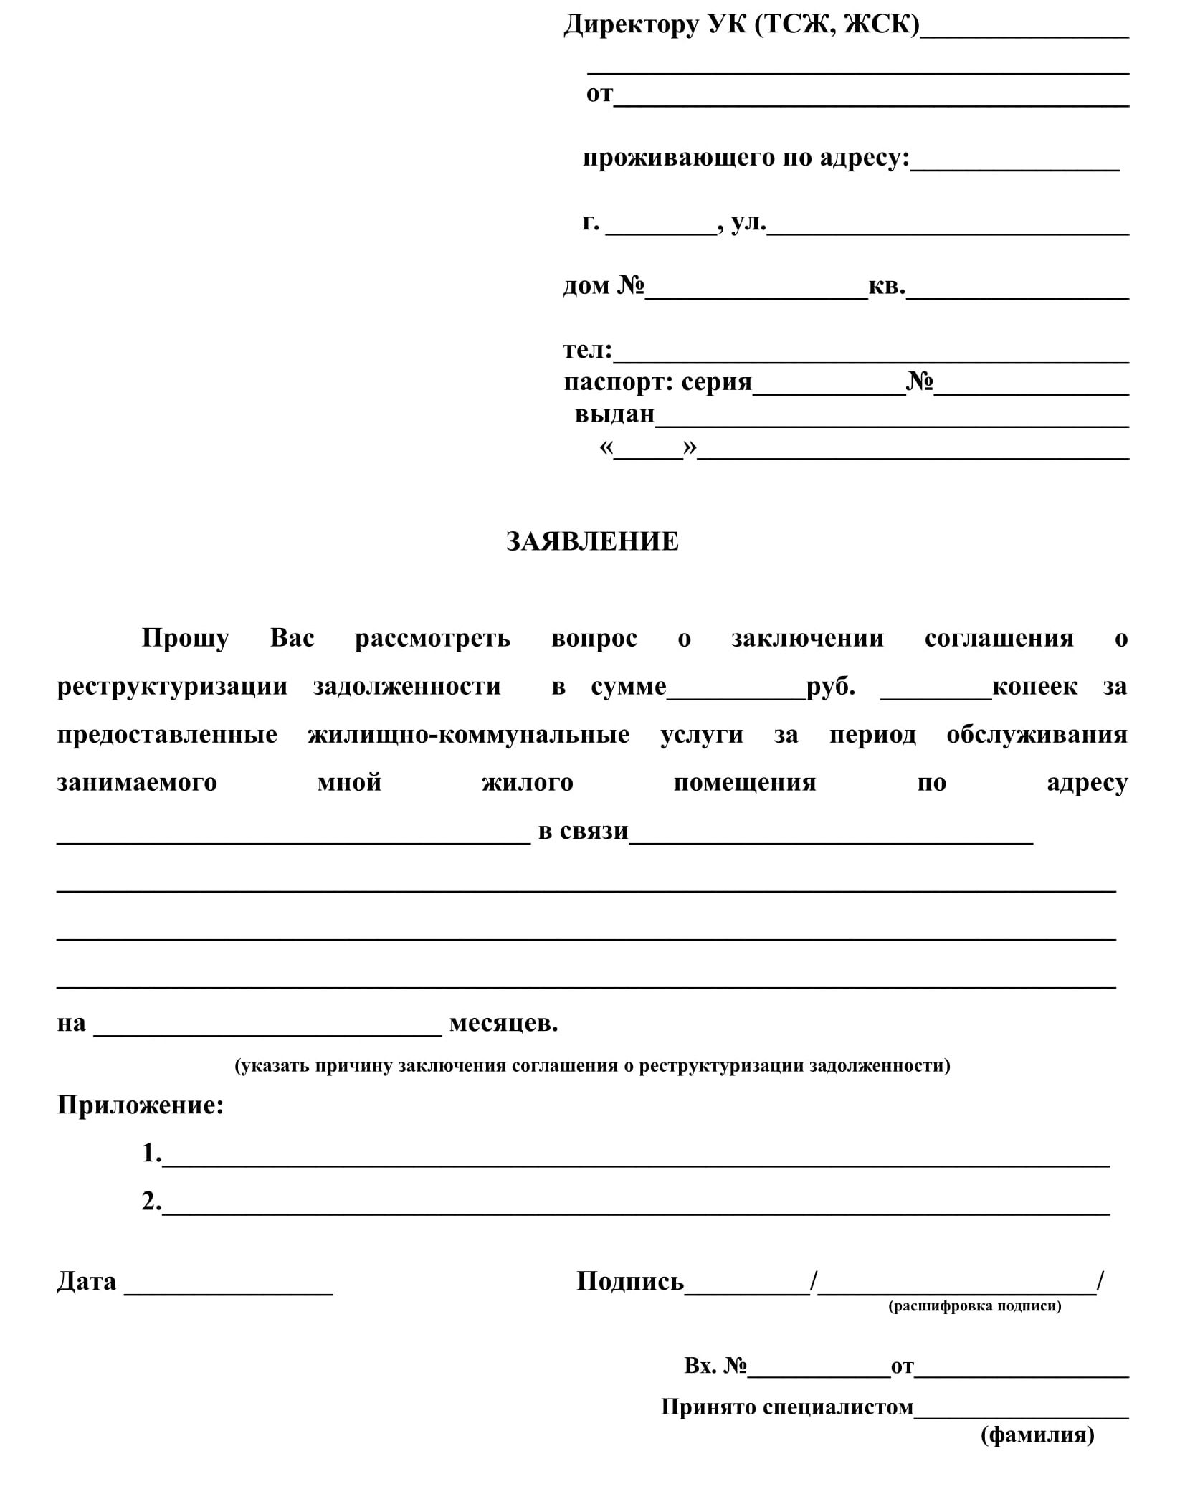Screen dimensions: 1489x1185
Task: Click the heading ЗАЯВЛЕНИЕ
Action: coord(591,541)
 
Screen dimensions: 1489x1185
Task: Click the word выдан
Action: coord(614,414)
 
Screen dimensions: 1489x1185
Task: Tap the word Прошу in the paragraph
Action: coord(185,637)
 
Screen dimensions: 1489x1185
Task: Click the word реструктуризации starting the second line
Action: coord(172,686)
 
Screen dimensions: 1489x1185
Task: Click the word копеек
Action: coord(1034,686)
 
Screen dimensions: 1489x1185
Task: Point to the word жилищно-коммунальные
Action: coord(468,734)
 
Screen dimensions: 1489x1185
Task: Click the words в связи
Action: coord(583,830)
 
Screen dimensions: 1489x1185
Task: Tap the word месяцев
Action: coord(503,1022)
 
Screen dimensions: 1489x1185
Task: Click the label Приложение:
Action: coord(141,1105)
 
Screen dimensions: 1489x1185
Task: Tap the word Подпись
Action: coord(629,1281)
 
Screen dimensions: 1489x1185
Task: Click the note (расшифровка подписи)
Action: coord(974,1305)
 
